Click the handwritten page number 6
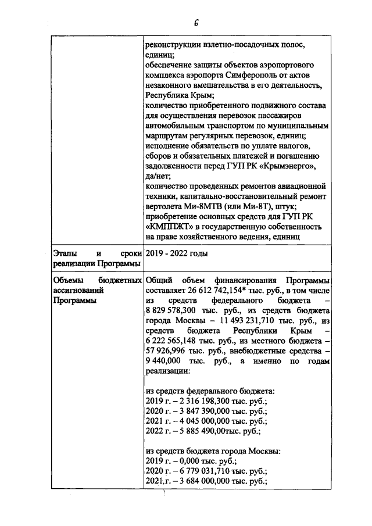197,23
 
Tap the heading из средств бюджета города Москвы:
213,450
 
